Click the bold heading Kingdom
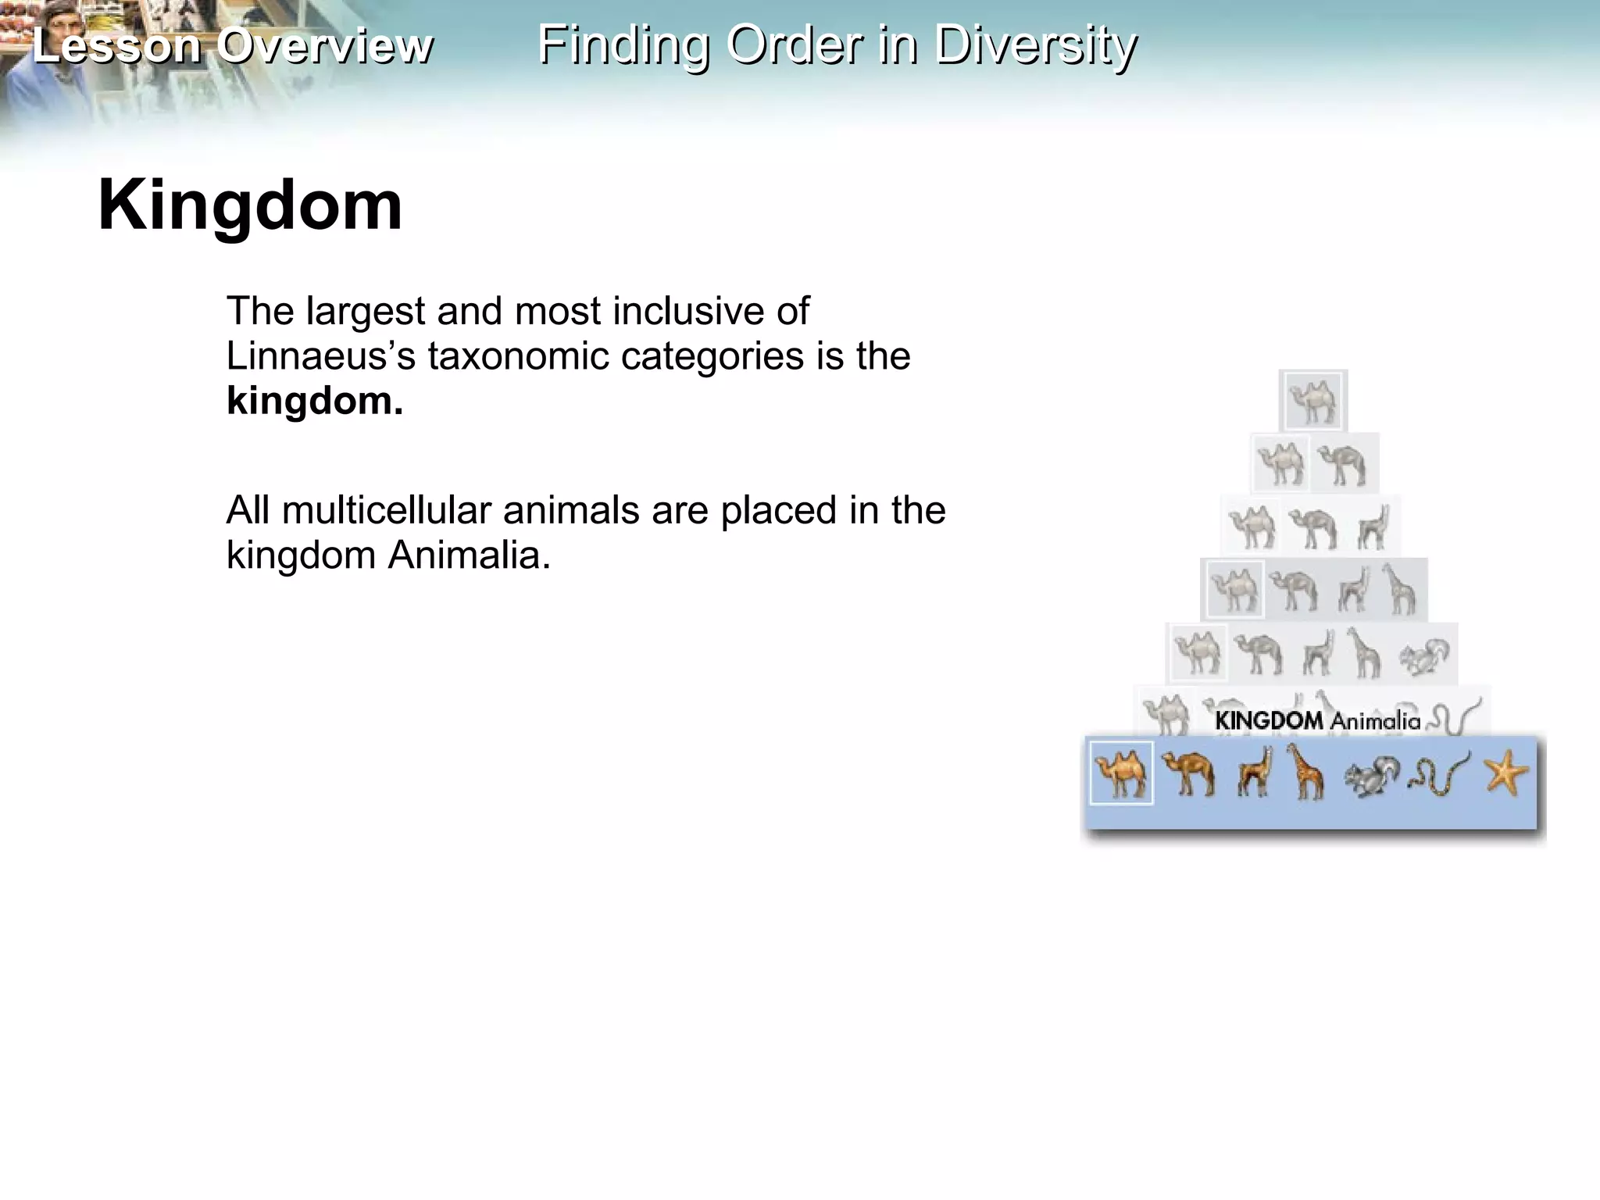pos(250,205)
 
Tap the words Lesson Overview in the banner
pos(232,45)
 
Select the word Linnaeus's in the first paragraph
pos(320,356)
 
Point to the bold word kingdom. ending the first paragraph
pos(315,401)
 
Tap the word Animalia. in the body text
pos(469,555)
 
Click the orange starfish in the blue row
pos(1505,773)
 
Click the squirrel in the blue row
pos(1371,776)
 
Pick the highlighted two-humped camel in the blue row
pos(1121,773)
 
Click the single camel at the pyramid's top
pos(1312,401)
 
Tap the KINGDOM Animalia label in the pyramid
pos(1317,720)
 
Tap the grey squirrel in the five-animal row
pos(1423,655)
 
